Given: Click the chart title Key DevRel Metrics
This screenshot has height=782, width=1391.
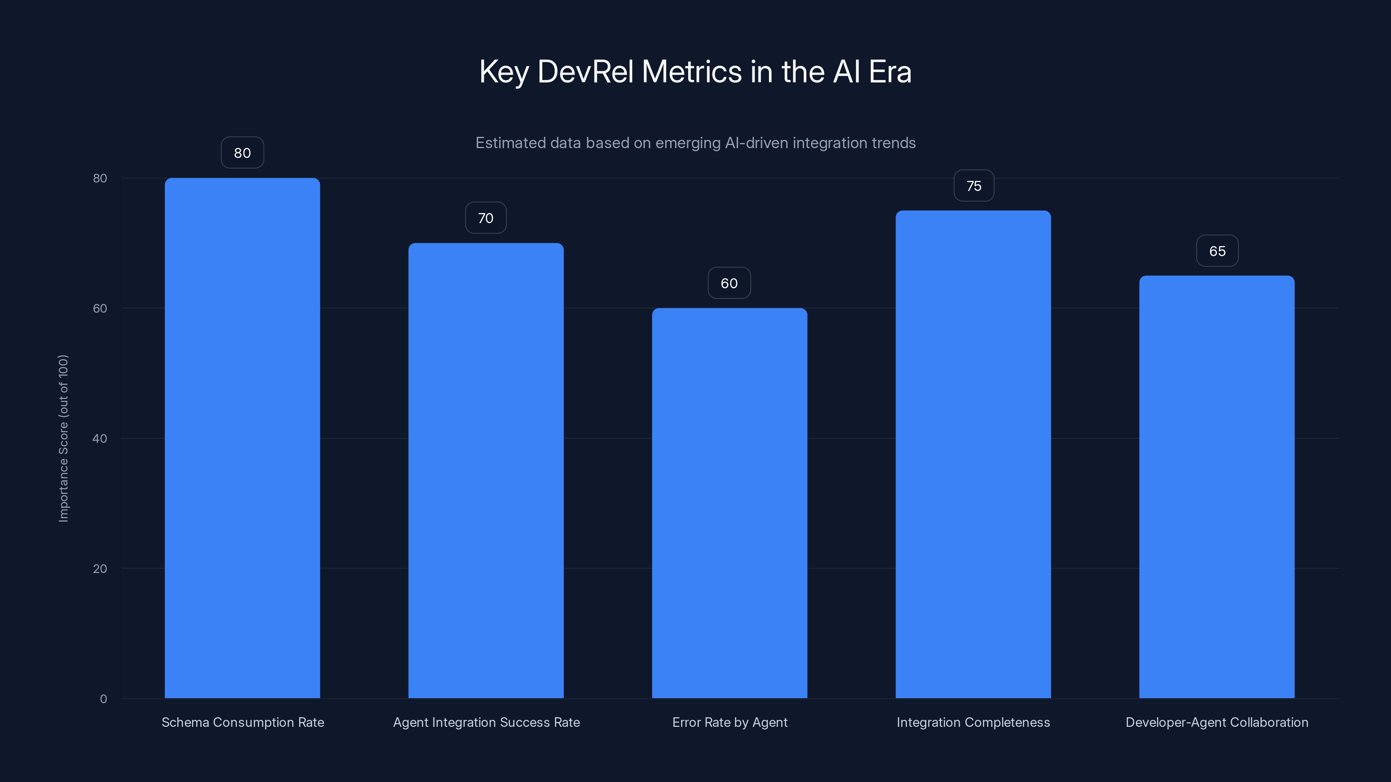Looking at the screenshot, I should coord(695,72).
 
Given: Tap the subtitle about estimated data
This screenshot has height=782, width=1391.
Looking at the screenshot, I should coord(695,143).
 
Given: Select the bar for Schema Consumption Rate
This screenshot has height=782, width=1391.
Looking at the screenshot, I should coord(242,437).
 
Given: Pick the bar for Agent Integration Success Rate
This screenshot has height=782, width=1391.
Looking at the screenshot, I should coord(486,470).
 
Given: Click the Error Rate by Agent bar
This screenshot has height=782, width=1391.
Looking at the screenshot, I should coord(729,502).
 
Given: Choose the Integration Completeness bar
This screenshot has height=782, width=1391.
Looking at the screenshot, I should coord(973,453).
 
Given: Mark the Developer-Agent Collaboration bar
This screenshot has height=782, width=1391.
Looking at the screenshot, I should coord(1217,486).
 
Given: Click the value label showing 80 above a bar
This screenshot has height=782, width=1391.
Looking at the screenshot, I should coord(242,153).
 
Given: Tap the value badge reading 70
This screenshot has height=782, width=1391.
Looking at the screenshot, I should coord(486,218).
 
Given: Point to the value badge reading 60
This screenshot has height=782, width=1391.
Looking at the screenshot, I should coord(729,283).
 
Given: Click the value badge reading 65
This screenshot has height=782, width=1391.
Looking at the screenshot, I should coord(1217,251).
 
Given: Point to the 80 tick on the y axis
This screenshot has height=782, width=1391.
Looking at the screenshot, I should coord(100,178).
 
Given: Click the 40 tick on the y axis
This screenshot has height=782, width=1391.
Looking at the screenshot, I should coord(100,438).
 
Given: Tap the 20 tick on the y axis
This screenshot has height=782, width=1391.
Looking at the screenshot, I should coord(100,568).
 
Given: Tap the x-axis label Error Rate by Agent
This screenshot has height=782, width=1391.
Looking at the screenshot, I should coord(729,722).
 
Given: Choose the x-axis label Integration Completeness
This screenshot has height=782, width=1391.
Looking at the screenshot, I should coord(973,722).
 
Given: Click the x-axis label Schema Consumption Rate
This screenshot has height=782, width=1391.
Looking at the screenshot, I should coord(243,722).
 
